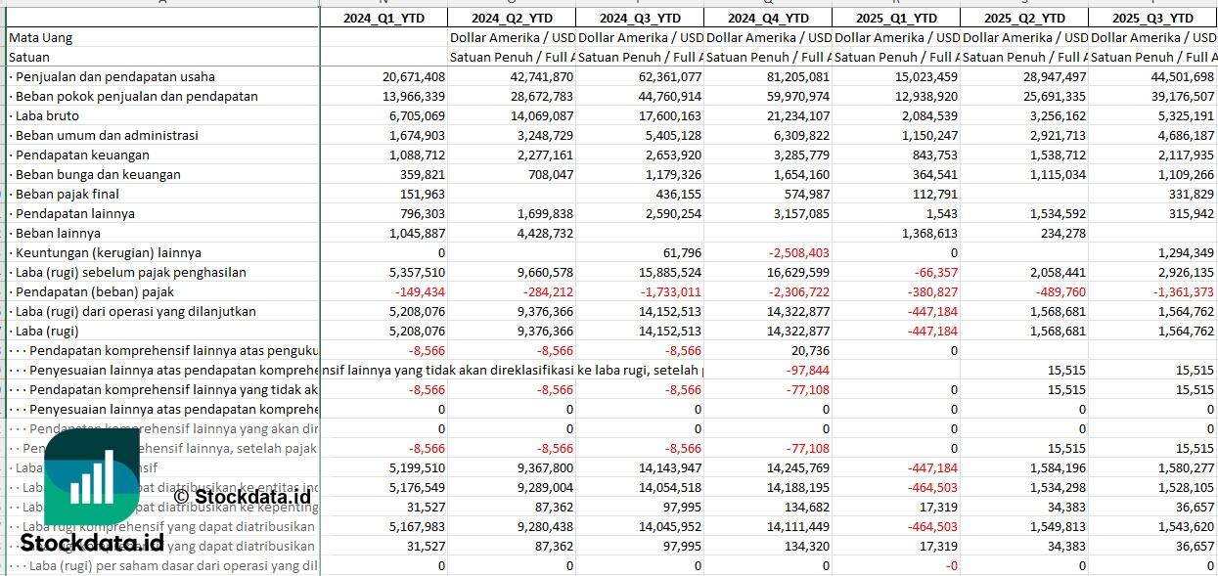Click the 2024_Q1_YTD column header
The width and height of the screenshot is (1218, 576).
click(x=383, y=18)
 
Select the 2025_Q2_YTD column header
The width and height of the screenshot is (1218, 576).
click(x=1023, y=18)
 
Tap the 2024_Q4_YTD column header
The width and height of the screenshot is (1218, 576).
click(x=768, y=18)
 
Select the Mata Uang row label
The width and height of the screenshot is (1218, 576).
click(x=40, y=37)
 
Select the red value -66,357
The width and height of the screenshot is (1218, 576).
click(x=933, y=272)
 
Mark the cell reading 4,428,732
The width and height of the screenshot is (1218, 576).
click(x=542, y=233)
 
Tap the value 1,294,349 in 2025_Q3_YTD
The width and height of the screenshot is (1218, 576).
click(x=1183, y=252)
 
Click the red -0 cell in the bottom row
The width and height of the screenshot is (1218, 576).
click(x=950, y=565)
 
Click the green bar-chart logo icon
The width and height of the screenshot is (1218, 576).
click(x=91, y=478)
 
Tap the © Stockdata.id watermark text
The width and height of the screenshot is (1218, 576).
click(x=242, y=496)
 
